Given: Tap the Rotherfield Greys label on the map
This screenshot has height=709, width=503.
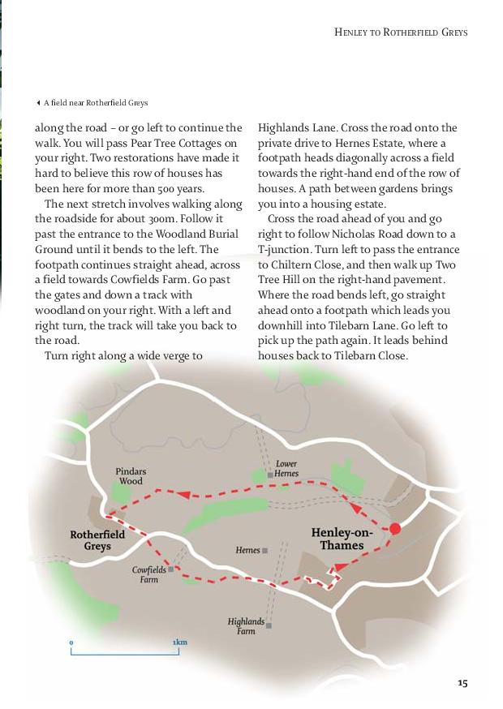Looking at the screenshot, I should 97,540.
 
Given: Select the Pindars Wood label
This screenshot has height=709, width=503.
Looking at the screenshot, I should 131,475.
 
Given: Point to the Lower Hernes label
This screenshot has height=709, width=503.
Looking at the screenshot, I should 286,468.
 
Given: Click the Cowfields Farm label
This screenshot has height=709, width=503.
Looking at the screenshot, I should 148,574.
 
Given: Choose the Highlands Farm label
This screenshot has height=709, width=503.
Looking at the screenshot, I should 246,625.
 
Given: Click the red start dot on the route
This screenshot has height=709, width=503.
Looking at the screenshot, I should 395,529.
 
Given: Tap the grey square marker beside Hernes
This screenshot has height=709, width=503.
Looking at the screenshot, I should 265,550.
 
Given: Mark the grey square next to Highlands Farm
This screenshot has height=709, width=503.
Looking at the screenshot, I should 269,625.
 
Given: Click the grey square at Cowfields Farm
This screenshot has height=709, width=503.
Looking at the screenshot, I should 170,569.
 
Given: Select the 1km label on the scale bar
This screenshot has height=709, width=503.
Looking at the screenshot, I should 180,642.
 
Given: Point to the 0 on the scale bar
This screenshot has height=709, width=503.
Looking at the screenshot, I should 71,642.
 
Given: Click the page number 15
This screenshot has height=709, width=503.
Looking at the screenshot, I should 462,683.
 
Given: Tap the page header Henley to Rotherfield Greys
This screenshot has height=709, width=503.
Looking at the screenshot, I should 401,32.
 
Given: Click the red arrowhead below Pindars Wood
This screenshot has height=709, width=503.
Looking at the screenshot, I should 183,493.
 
